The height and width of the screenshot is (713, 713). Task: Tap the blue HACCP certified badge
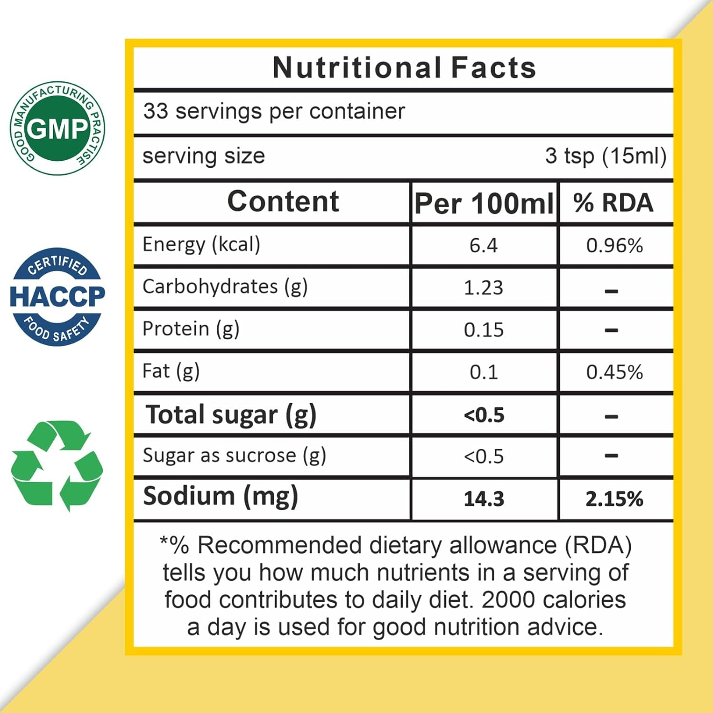57,297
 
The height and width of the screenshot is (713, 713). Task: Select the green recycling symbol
57,465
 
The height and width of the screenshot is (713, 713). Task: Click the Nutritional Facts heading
404,67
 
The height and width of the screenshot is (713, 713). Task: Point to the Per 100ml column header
484,204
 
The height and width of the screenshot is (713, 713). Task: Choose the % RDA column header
614,203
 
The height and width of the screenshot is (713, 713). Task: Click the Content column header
283,202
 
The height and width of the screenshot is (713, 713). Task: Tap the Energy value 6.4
483,246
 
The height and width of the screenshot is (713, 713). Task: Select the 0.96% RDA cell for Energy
614,246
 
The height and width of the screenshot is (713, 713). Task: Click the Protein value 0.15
483,330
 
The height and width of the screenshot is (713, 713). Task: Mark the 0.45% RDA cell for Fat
614,372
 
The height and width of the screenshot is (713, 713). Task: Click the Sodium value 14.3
484,499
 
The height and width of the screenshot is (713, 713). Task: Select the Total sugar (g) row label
231,415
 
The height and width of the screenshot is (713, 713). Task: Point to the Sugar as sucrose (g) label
234,456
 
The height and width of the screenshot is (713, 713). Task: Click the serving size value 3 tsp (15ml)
606,156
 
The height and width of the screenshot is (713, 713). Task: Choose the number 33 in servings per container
156,111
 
